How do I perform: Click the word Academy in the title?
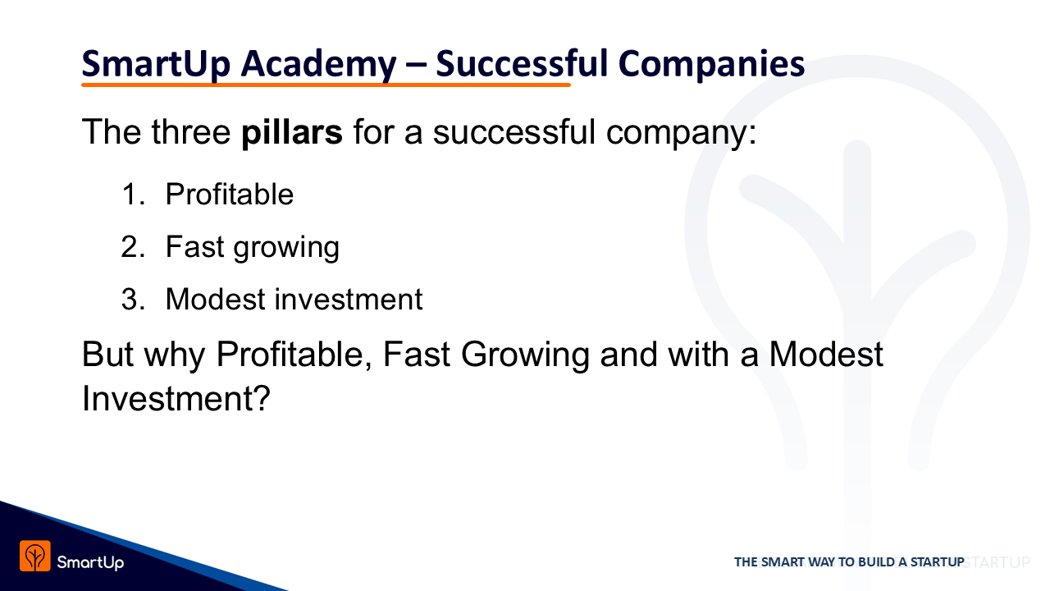319,65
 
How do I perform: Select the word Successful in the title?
522,63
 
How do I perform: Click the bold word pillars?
291,133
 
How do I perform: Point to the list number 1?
133,195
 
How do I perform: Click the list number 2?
133,247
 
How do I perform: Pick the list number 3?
133,300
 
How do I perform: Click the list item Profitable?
230,195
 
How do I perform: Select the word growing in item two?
286,249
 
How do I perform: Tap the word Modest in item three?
216,300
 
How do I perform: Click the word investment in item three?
349,300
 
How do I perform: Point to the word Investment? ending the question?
176,398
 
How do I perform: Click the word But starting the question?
107,354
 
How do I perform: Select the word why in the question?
175,356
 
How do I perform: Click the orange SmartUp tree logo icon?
35,557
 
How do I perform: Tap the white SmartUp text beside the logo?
90,562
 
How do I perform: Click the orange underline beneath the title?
326,85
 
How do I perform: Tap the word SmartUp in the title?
156,65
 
